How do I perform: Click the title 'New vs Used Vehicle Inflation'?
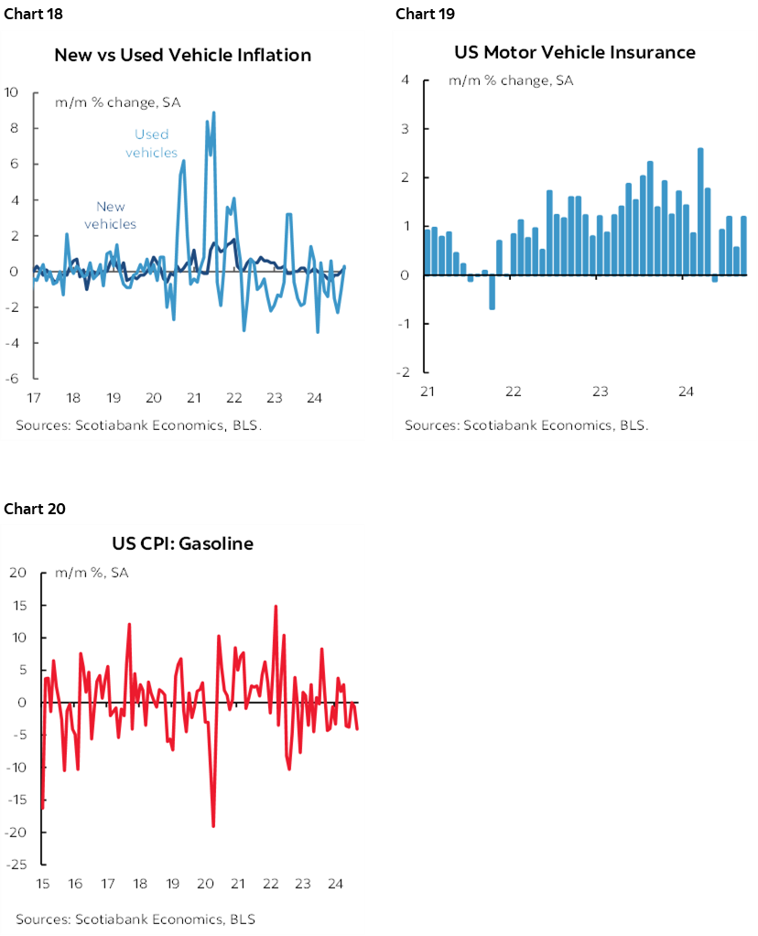pos(183,55)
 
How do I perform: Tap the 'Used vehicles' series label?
pos(152,144)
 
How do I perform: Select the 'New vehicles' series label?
pos(111,215)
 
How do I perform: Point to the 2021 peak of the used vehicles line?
pos(213,113)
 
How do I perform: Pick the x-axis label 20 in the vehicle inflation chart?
pos(154,398)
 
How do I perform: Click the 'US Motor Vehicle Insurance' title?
pos(575,52)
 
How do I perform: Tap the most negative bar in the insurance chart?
pos(492,292)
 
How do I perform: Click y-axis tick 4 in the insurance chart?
pos(405,80)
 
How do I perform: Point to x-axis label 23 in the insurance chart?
pos(600,392)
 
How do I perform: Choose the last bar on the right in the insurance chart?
pos(743,245)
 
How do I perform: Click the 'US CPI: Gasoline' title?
pos(183,543)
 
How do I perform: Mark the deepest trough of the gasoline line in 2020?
pos(213,825)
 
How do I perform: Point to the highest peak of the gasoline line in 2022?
pos(276,606)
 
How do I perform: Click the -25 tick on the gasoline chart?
pos(18,865)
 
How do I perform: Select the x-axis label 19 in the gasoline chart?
pos(173,884)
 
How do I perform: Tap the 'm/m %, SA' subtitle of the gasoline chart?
pos(92,573)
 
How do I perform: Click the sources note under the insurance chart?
pos(526,425)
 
